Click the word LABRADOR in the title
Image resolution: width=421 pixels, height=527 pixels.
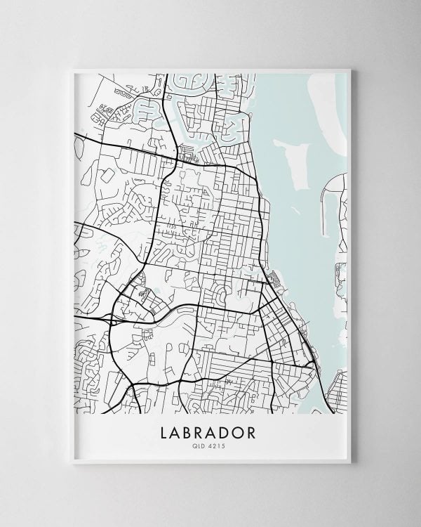[x=211, y=429]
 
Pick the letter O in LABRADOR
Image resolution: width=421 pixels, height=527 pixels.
[x=238, y=429]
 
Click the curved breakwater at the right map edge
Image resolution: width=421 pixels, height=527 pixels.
[x=327, y=204]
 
